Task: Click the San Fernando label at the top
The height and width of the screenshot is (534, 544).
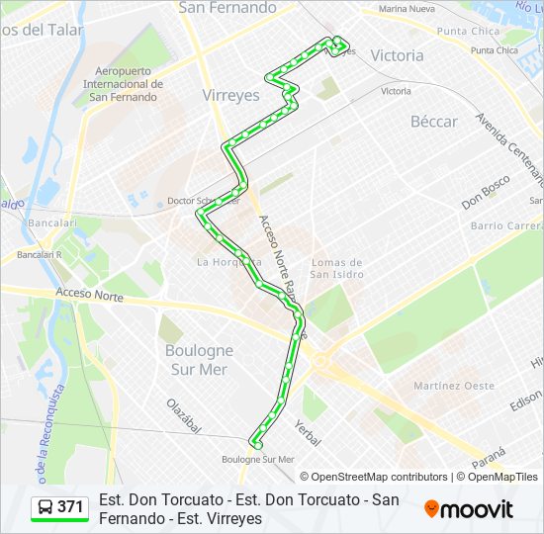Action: [x=227, y=8]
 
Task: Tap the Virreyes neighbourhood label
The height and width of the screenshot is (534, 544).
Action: [x=229, y=96]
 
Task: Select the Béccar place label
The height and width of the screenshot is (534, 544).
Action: [x=434, y=122]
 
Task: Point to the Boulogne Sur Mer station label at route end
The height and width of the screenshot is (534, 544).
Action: [x=258, y=459]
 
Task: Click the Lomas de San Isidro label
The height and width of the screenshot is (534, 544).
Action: [x=336, y=268]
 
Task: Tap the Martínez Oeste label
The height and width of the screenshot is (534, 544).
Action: [x=454, y=386]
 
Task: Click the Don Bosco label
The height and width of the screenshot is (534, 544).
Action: [x=485, y=193]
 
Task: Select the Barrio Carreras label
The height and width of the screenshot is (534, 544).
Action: [x=506, y=225]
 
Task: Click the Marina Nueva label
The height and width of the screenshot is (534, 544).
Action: [x=407, y=9]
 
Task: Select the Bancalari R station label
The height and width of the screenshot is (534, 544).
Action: [x=40, y=254]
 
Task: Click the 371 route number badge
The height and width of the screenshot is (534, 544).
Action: [x=59, y=507]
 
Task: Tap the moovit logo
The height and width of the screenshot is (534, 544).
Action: [x=469, y=508]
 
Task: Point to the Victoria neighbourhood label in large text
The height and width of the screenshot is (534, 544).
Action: [x=396, y=56]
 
